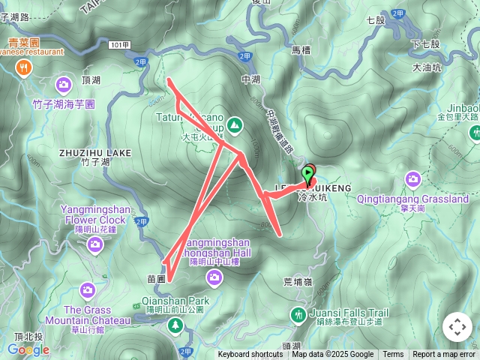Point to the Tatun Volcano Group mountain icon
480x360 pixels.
(235, 125)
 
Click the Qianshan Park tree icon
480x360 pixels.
(175, 325)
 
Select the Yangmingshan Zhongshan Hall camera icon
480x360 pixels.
(215, 279)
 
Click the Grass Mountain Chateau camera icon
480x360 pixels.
(88, 290)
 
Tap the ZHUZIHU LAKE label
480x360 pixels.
(95, 153)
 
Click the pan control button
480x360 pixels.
(457, 327)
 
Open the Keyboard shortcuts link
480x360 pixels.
(250, 355)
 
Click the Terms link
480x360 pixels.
(393, 355)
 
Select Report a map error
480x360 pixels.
(444, 355)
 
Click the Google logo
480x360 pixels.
(28, 349)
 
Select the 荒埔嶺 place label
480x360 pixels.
(298, 281)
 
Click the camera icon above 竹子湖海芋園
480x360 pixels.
(64, 84)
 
